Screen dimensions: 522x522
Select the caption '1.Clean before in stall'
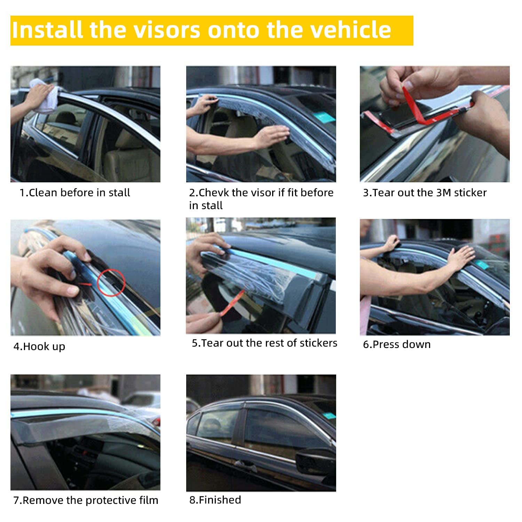[x=74, y=192]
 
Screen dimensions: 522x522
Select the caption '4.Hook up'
[x=39, y=347]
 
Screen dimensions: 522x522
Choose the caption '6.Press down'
[x=397, y=345]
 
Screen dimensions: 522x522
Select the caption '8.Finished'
[x=215, y=500]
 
